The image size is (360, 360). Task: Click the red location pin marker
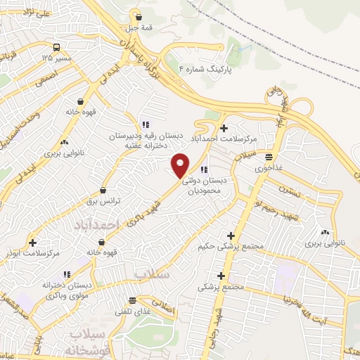tap(181, 165)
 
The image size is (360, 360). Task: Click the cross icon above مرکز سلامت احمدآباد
tap(224, 128)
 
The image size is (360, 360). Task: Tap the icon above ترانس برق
tap(103, 190)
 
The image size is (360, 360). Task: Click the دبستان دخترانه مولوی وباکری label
tap(67, 290)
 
